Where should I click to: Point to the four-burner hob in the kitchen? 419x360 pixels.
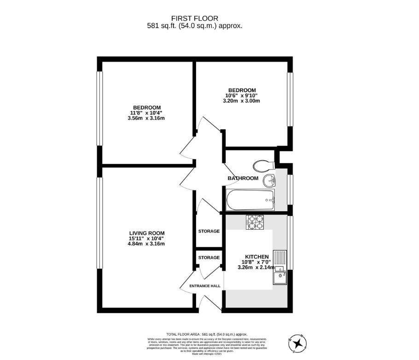256,222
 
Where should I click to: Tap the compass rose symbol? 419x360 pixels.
300,343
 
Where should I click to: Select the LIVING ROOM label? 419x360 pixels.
146,233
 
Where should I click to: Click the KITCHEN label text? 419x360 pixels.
256,256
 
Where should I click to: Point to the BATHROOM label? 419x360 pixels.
243,178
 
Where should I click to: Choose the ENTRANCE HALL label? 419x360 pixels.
205,286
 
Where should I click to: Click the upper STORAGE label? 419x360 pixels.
209,231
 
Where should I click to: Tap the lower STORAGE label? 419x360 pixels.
209,258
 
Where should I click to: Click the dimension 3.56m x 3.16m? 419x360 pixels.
146,118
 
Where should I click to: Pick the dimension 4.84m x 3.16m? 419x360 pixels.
146,244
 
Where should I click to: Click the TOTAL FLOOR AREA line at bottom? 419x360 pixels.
207,334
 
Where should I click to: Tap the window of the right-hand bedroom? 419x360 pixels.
290,99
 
